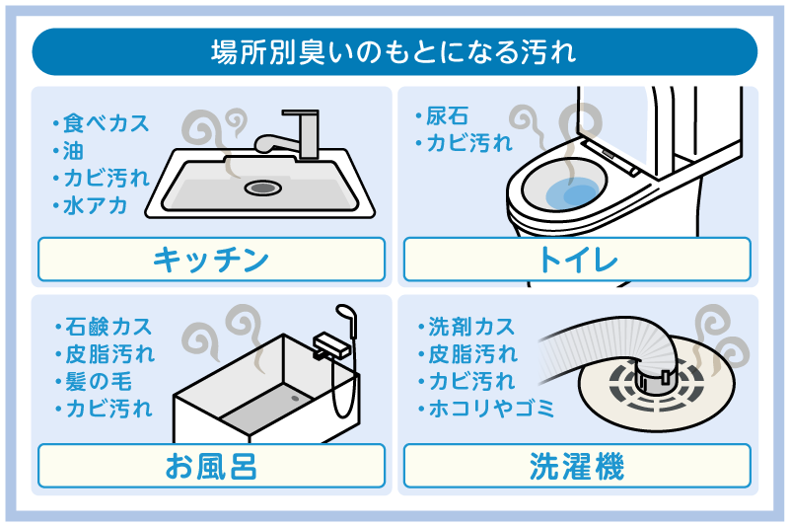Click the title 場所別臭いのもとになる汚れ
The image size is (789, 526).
pyautogui.click(x=394, y=51)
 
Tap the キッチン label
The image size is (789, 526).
pyautogui.click(x=211, y=260)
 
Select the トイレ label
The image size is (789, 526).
pyautogui.click(x=577, y=260)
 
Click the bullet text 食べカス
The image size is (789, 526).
pyautogui.click(x=106, y=124)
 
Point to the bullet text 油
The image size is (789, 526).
pyautogui.click(x=75, y=151)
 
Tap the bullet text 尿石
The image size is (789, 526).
pyautogui.click(x=443, y=116)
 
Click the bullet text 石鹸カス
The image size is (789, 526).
pyautogui.click(x=107, y=327)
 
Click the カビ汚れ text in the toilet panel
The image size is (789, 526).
pyautogui.click(x=469, y=143)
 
